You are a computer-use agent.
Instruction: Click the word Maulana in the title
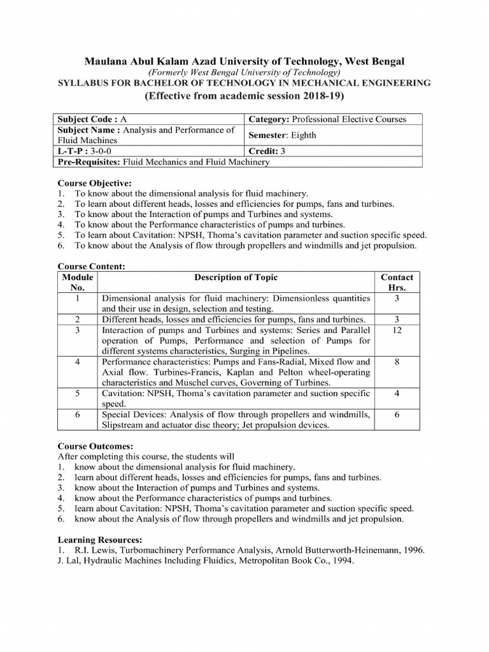[x=106, y=61]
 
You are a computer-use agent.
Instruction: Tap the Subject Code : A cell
[x=92, y=119]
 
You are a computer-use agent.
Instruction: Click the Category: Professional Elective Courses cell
[x=327, y=119]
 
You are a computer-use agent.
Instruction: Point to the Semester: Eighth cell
[x=282, y=135]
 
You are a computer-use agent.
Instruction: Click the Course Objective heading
[x=95, y=183]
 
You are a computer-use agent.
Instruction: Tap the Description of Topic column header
[x=236, y=278]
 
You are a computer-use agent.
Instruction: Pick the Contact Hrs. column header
[x=397, y=282]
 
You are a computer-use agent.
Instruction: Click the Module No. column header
[x=77, y=282]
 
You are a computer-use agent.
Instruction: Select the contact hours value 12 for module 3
[x=397, y=330]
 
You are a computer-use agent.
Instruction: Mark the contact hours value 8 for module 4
[x=397, y=362]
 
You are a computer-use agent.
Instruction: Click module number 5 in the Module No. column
[x=77, y=393]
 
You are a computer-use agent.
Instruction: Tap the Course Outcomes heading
[x=96, y=446]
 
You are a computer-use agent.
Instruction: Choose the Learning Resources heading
[x=100, y=540]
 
